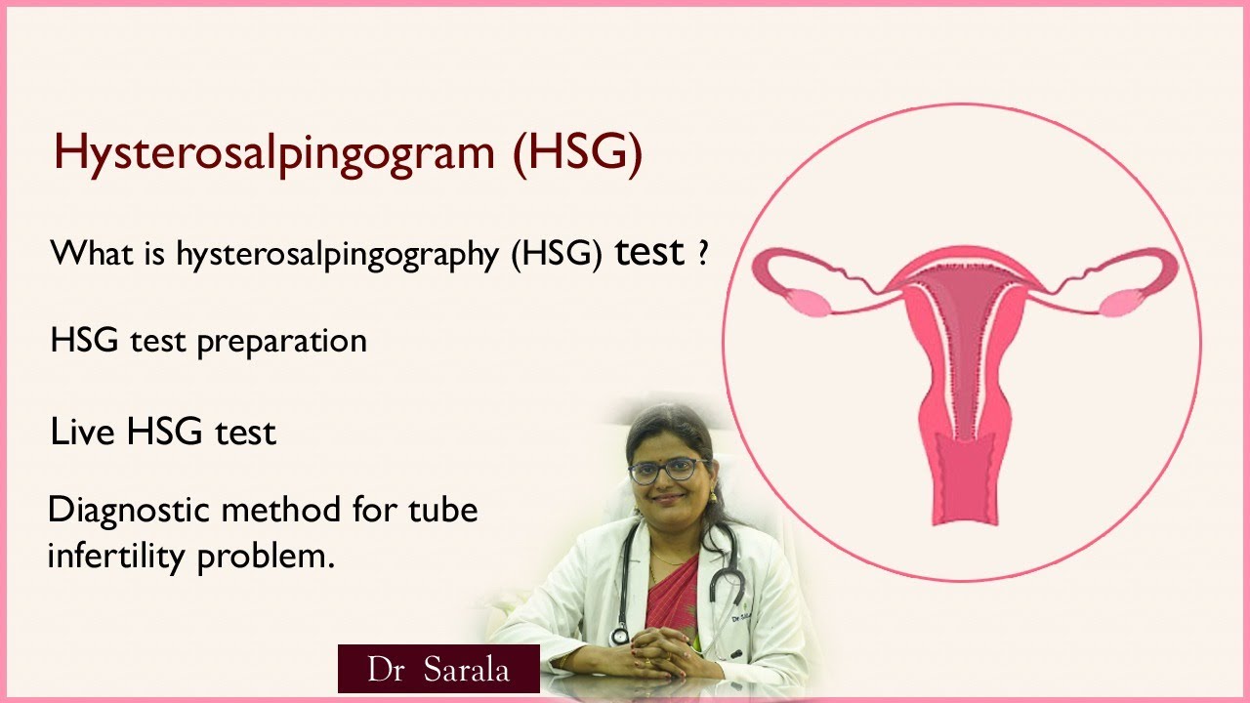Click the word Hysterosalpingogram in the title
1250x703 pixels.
(274, 153)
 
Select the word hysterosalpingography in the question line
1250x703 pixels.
(338, 255)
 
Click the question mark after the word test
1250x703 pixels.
(703, 253)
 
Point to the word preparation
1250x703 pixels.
(282, 342)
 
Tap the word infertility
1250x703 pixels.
(116, 556)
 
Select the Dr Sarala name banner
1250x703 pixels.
(438, 669)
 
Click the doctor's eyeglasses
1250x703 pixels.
(668, 471)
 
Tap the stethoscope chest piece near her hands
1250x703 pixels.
(619, 636)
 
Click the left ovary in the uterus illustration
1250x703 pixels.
(811, 303)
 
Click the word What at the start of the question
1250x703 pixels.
(92, 253)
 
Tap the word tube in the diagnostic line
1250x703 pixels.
(443, 510)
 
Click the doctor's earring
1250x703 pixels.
(713, 496)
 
